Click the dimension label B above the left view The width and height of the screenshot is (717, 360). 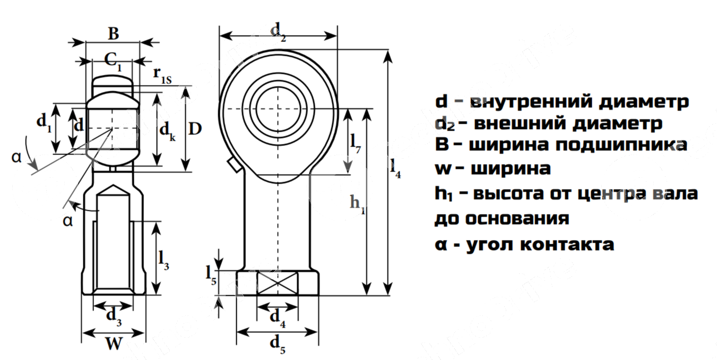point(113,33)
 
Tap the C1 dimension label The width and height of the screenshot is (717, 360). point(113,60)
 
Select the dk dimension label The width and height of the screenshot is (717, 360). point(168,130)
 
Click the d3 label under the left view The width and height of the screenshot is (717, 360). point(114,315)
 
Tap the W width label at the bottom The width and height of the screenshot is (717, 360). point(113,344)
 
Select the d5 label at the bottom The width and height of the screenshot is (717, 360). point(277,344)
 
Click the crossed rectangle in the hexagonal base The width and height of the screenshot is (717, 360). point(277,284)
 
